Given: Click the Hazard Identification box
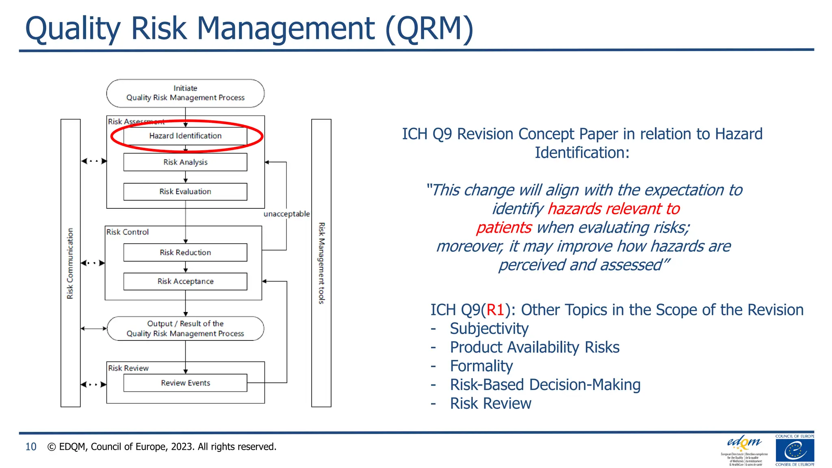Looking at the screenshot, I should [x=185, y=136].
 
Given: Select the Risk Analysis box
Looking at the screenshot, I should [x=185, y=162].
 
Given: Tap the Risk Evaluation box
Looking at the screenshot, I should [x=185, y=191].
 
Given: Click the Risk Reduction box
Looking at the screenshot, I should [x=185, y=252].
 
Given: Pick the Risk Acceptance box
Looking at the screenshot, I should [x=185, y=281].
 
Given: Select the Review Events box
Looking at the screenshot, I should [x=185, y=383].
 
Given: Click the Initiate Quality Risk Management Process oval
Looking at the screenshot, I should [x=185, y=93].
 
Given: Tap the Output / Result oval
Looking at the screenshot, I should [x=185, y=328].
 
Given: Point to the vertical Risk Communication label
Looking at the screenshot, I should [x=70, y=263].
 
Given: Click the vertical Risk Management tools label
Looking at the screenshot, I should [x=321, y=263].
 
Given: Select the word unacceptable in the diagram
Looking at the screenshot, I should [x=286, y=214].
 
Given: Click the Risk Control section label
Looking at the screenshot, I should [x=128, y=232].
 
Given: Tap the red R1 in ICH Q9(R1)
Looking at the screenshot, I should [x=495, y=310].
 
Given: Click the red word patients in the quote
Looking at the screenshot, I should [x=504, y=227].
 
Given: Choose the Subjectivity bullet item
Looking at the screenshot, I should [x=489, y=329].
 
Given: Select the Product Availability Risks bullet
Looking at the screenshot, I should [x=535, y=347].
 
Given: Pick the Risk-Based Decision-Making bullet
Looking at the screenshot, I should [x=545, y=385].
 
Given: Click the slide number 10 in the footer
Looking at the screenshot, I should [x=31, y=447].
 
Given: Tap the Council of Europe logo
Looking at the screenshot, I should [x=795, y=451].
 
